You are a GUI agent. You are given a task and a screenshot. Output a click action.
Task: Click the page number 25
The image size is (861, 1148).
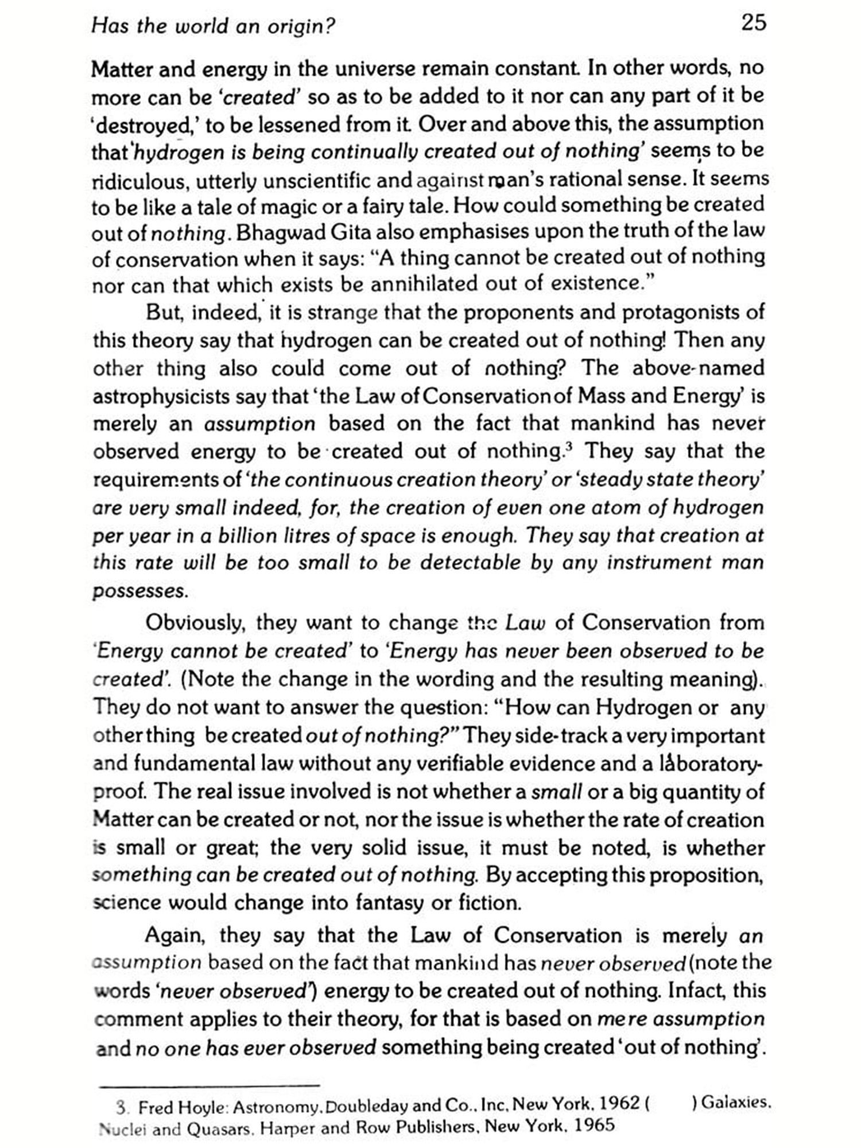(x=754, y=23)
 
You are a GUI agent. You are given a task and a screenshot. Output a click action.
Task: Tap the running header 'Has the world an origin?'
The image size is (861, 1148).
(x=213, y=26)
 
